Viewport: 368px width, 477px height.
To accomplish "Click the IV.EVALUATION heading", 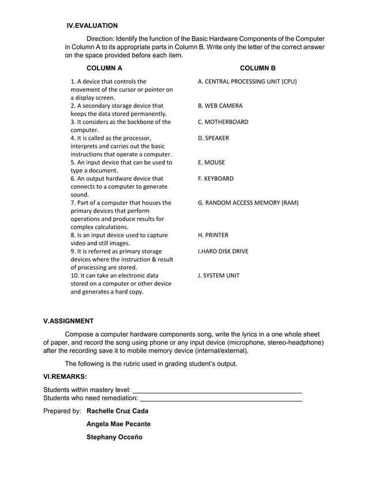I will pyautogui.click(x=92, y=25).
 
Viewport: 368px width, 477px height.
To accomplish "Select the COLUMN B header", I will pyautogui.click(x=257, y=69).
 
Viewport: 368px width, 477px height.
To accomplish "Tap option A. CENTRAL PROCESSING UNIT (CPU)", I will pyautogui.click(x=247, y=81).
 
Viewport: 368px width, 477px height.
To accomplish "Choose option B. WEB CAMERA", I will pyautogui.click(x=220, y=106).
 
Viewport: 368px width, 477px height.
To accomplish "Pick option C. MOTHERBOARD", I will pyautogui.click(x=223, y=122).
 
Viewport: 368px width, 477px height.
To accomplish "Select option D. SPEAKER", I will pyautogui.click(x=213, y=138).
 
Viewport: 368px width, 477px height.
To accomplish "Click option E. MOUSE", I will pyautogui.click(x=211, y=162).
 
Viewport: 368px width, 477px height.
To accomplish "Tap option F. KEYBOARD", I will pyautogui.click(x=215, y=178).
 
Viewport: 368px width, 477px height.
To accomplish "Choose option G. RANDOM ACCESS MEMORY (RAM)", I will pyautogui.click(x=248, y=203).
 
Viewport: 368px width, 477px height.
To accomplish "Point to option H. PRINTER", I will pyautogui.click(x=213, y=235).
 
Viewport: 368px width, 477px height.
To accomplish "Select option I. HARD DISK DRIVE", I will pyautogui.click(x=223, y=251).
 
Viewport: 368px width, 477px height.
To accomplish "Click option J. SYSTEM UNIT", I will pyautogui.click(x=218, y=275).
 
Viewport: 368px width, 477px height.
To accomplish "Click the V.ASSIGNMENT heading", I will pyautogui.click(x=69, y=321).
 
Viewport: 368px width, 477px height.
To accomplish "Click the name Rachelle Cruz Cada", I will pyautogui.click(x=117, y=411).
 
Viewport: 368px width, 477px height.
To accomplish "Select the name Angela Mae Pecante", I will pyautogui.click(x=118, y=424).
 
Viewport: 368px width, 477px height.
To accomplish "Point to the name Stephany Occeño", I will pyautogui.click(x=114, y=437).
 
